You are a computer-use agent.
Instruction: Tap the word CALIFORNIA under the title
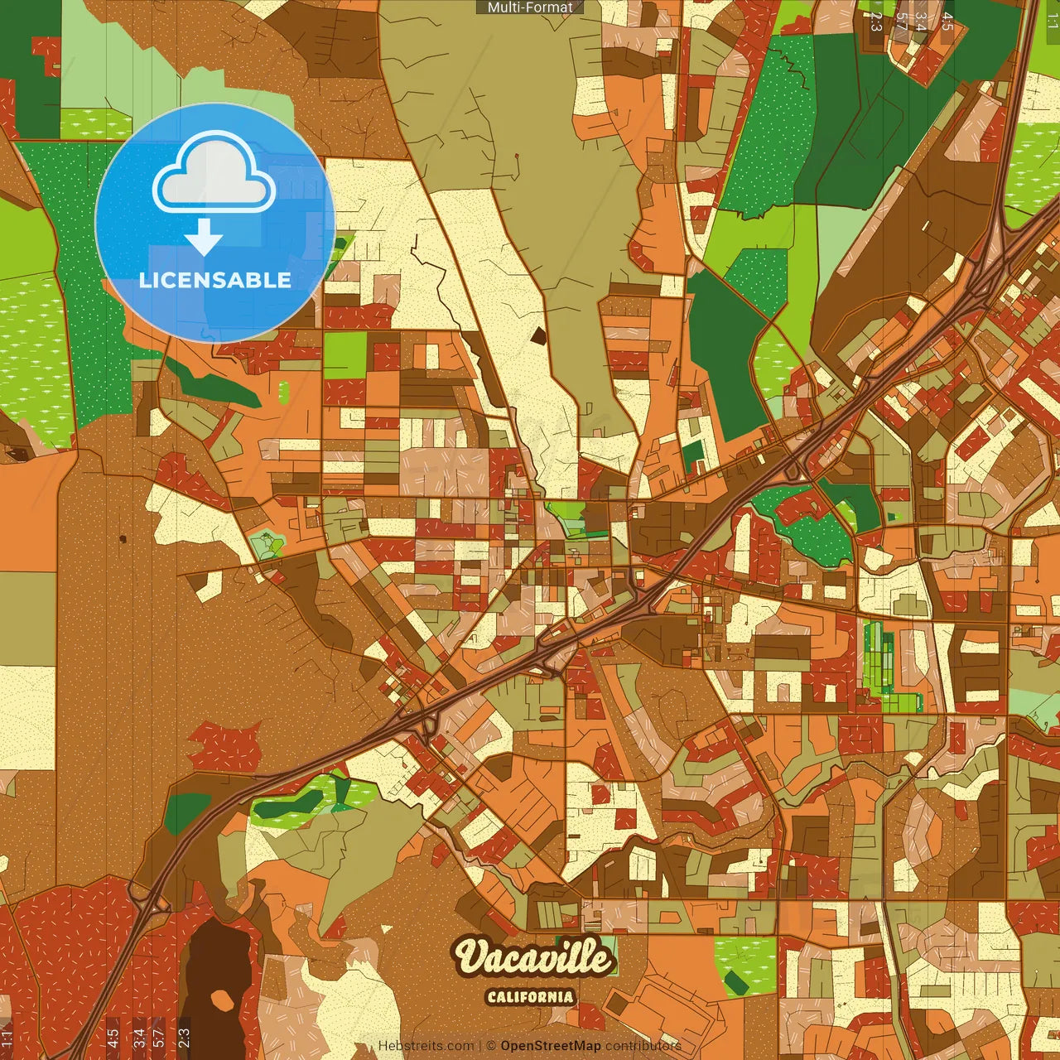click(530, 996)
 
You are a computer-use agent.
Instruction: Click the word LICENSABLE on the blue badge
click(214, 280)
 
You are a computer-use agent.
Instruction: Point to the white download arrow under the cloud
click(204, 237)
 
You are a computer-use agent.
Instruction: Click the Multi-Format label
click(530, 7)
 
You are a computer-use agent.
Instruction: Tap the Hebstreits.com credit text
click(426, 1046)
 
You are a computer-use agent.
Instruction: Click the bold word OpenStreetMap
click(550, 1046)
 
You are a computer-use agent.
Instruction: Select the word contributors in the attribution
click(643, 1046)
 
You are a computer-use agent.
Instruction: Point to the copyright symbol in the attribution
click(490, 1046)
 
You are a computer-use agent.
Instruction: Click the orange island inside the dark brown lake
click(221, 1000)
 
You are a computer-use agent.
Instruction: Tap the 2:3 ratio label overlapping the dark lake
click(184, 1037)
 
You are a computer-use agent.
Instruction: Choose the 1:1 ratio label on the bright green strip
click(1052, 21)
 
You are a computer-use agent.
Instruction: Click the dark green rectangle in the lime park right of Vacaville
click(734, 983)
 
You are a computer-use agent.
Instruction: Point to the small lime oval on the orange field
click(284, 392)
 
